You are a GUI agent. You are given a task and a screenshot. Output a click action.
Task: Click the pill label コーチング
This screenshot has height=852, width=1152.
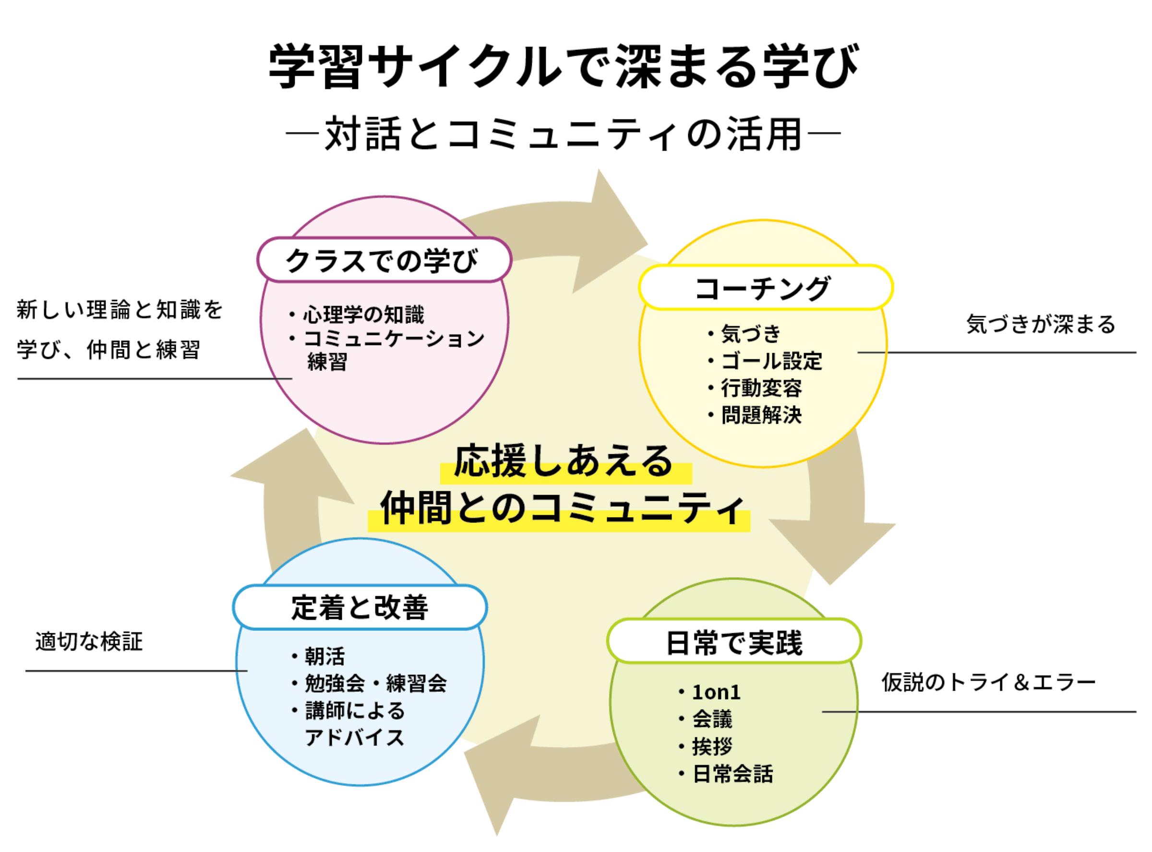click(765, 288)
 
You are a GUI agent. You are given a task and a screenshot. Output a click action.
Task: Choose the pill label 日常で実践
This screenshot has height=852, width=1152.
click(734, 643)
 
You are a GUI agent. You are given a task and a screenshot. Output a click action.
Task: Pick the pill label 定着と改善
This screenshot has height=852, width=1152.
click(360, 607)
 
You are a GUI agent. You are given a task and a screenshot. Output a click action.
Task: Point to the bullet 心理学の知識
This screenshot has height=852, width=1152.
click(363, 315)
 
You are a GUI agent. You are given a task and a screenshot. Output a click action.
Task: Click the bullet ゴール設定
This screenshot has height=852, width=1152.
click(771, 361)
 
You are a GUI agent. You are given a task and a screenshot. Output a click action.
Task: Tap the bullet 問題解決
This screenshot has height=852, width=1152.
click(761, 415)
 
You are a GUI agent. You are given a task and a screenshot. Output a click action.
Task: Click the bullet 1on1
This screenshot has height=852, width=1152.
click(716, 693)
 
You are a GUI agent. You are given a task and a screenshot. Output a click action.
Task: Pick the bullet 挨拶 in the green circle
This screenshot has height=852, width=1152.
click(712, 746)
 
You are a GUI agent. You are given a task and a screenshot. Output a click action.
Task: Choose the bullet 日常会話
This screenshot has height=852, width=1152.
click(732, 774)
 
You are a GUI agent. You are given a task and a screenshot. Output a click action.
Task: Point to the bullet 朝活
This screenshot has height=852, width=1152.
click(324, 657)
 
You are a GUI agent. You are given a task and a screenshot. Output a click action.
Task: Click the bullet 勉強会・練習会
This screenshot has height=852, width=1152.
click(375, 684)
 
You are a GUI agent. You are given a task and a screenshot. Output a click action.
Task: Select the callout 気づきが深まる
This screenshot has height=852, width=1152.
click(1041, 325)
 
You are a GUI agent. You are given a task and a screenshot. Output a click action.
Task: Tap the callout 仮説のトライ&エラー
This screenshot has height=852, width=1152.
click(988, 682)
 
